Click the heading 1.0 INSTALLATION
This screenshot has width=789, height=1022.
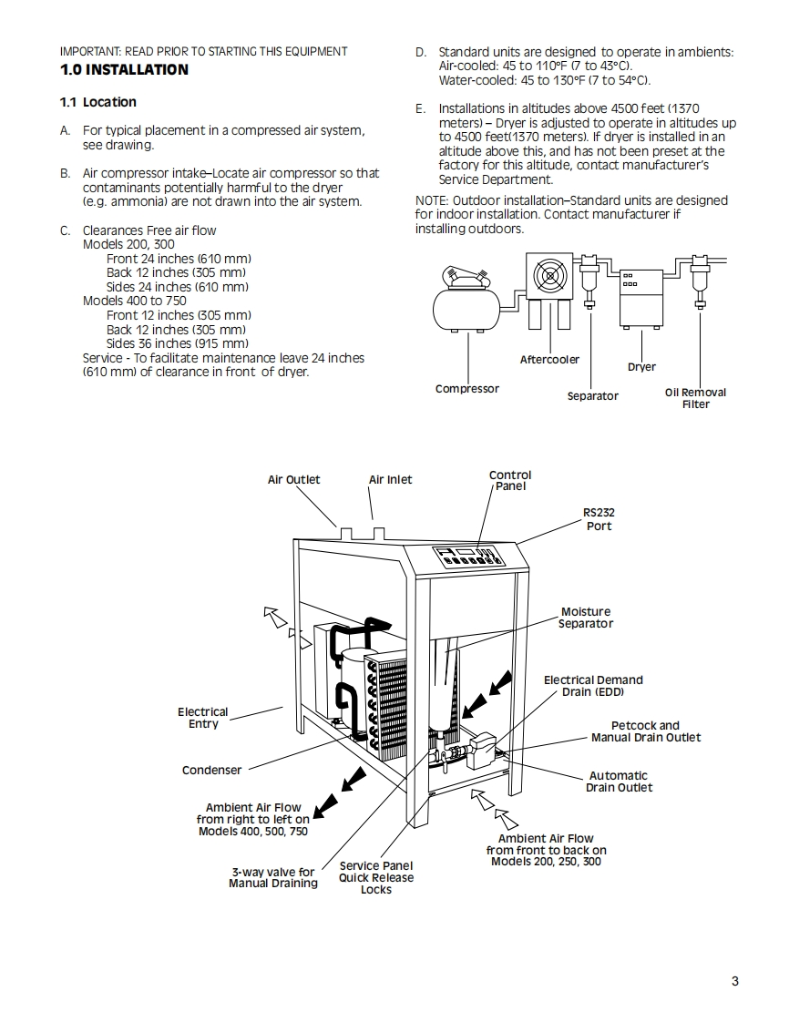[x=124, y=70]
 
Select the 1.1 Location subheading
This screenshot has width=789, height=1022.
[x=98, y=102]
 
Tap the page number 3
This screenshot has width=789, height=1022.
[x=734, y=981]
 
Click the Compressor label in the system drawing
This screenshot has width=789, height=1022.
[x=466, y=389]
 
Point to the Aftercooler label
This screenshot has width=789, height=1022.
[x=549, y=360]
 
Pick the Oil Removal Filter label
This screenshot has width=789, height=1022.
[x=695, y=398]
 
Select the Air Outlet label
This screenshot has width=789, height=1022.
[x=293, y=480]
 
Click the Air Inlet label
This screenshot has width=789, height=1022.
[x=390, y=480]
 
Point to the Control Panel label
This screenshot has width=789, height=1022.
[x=510, y=480]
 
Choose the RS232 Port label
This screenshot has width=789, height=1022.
[x=599, y=519]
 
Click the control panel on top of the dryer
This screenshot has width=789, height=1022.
[x=466, y=557]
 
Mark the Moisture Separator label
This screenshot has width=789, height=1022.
[x=586, y=618]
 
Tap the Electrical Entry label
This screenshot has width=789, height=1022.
[x=203, y=718]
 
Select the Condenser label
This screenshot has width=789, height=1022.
[x=211, y=771]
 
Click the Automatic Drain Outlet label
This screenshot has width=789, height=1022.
[x=619, y=782]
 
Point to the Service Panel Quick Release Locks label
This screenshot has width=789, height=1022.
[x=375, y=877]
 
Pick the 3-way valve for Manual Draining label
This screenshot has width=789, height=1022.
[x=272, y=877]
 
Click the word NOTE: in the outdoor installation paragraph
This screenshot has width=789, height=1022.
[x=431, y=200]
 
